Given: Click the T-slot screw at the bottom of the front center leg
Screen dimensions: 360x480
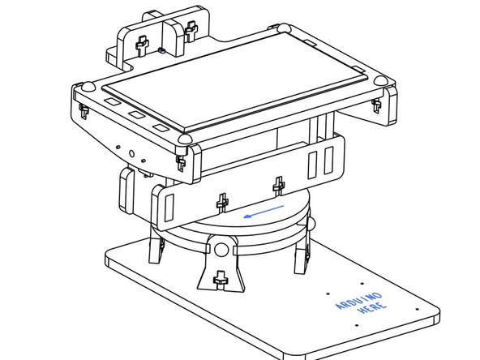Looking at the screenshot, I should click(x=219, y=281).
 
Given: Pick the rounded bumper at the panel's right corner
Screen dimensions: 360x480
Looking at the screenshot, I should click(x=379, y=81).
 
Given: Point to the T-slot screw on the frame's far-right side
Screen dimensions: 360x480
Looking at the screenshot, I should click(x=375, y=106).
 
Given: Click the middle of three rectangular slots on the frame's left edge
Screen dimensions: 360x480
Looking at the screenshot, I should click(x=135, y=117).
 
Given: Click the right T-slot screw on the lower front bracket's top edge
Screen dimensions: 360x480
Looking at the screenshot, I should click(x=278, y=185).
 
